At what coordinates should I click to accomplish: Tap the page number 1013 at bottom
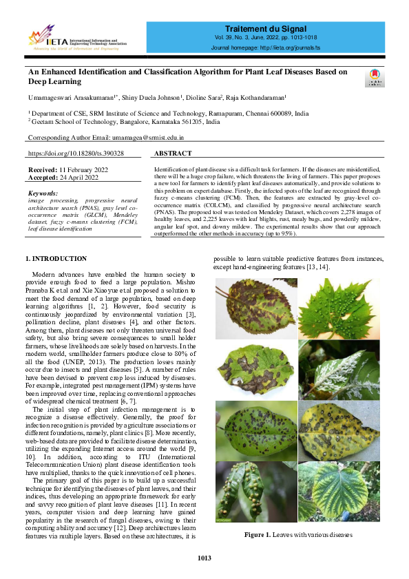(x=204, y=557)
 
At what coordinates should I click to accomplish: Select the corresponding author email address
(x=158, y=138)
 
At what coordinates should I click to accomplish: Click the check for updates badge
(x=375, y=77)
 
